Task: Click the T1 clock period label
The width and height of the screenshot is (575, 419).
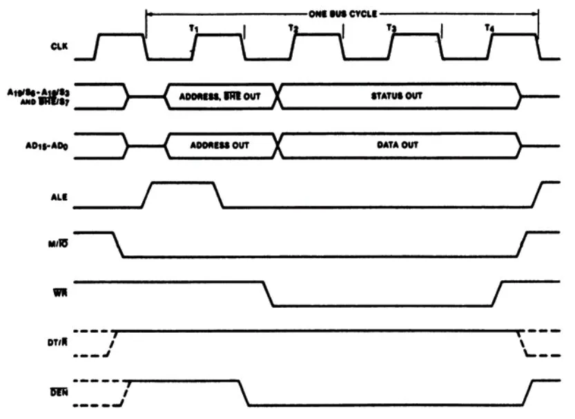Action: click(194, 28)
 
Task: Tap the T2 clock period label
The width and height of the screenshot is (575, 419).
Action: click(293, 28)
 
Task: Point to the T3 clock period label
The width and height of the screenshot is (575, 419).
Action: click(391, 28)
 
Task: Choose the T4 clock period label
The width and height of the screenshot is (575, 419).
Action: click(489, 28)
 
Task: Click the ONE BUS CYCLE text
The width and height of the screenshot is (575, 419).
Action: click(342, 13)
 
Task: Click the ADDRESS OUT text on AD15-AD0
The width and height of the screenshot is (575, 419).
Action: click(221, 146)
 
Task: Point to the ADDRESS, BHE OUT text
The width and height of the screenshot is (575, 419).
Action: click(221, 96)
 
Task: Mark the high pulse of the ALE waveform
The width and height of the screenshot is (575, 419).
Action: click(182, 183)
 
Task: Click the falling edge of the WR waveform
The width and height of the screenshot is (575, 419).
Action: click(268, 293)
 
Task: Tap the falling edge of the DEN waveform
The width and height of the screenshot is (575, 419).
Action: click(243, 392)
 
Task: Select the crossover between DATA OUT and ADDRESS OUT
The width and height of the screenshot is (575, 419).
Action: click(277, 146)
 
